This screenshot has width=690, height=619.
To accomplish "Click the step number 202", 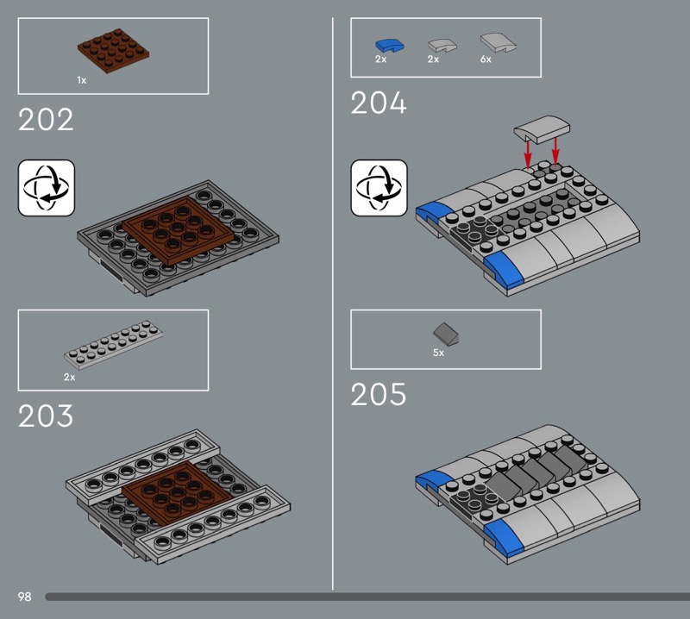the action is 46,120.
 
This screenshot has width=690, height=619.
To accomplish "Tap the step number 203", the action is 46,416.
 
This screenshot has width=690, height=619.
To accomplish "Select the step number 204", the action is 379,103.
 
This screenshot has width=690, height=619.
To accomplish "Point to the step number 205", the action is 379,394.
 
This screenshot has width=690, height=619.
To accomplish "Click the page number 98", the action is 25,597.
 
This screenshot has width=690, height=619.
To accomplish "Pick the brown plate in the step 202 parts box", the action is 114,51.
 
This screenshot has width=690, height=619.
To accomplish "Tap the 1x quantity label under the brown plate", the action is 82,80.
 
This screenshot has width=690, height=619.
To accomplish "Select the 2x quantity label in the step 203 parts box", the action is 70,377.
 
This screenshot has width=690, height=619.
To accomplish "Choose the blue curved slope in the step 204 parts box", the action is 390,45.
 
